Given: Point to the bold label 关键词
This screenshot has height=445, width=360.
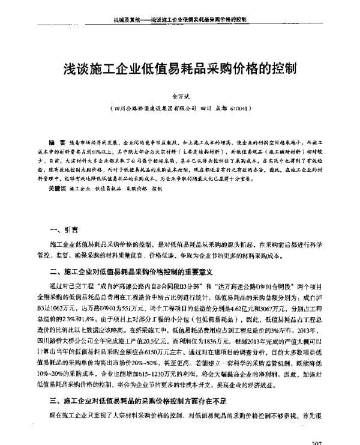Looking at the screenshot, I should (60, 189).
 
